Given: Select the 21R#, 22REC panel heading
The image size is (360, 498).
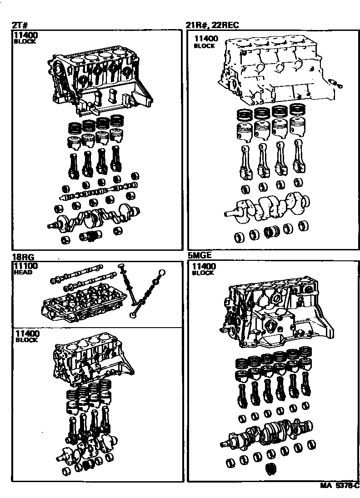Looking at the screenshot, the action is coord(212,26).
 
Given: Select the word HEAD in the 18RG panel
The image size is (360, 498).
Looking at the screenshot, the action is coord(23,273).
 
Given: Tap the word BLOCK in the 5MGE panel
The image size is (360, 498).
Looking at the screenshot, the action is coord(203,274).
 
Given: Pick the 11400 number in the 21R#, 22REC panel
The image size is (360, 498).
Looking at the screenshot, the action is coord(205,39).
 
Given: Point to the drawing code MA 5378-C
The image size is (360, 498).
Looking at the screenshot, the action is coord(339,486).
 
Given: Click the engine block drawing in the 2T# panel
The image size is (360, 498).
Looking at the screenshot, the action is coord(100,82).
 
